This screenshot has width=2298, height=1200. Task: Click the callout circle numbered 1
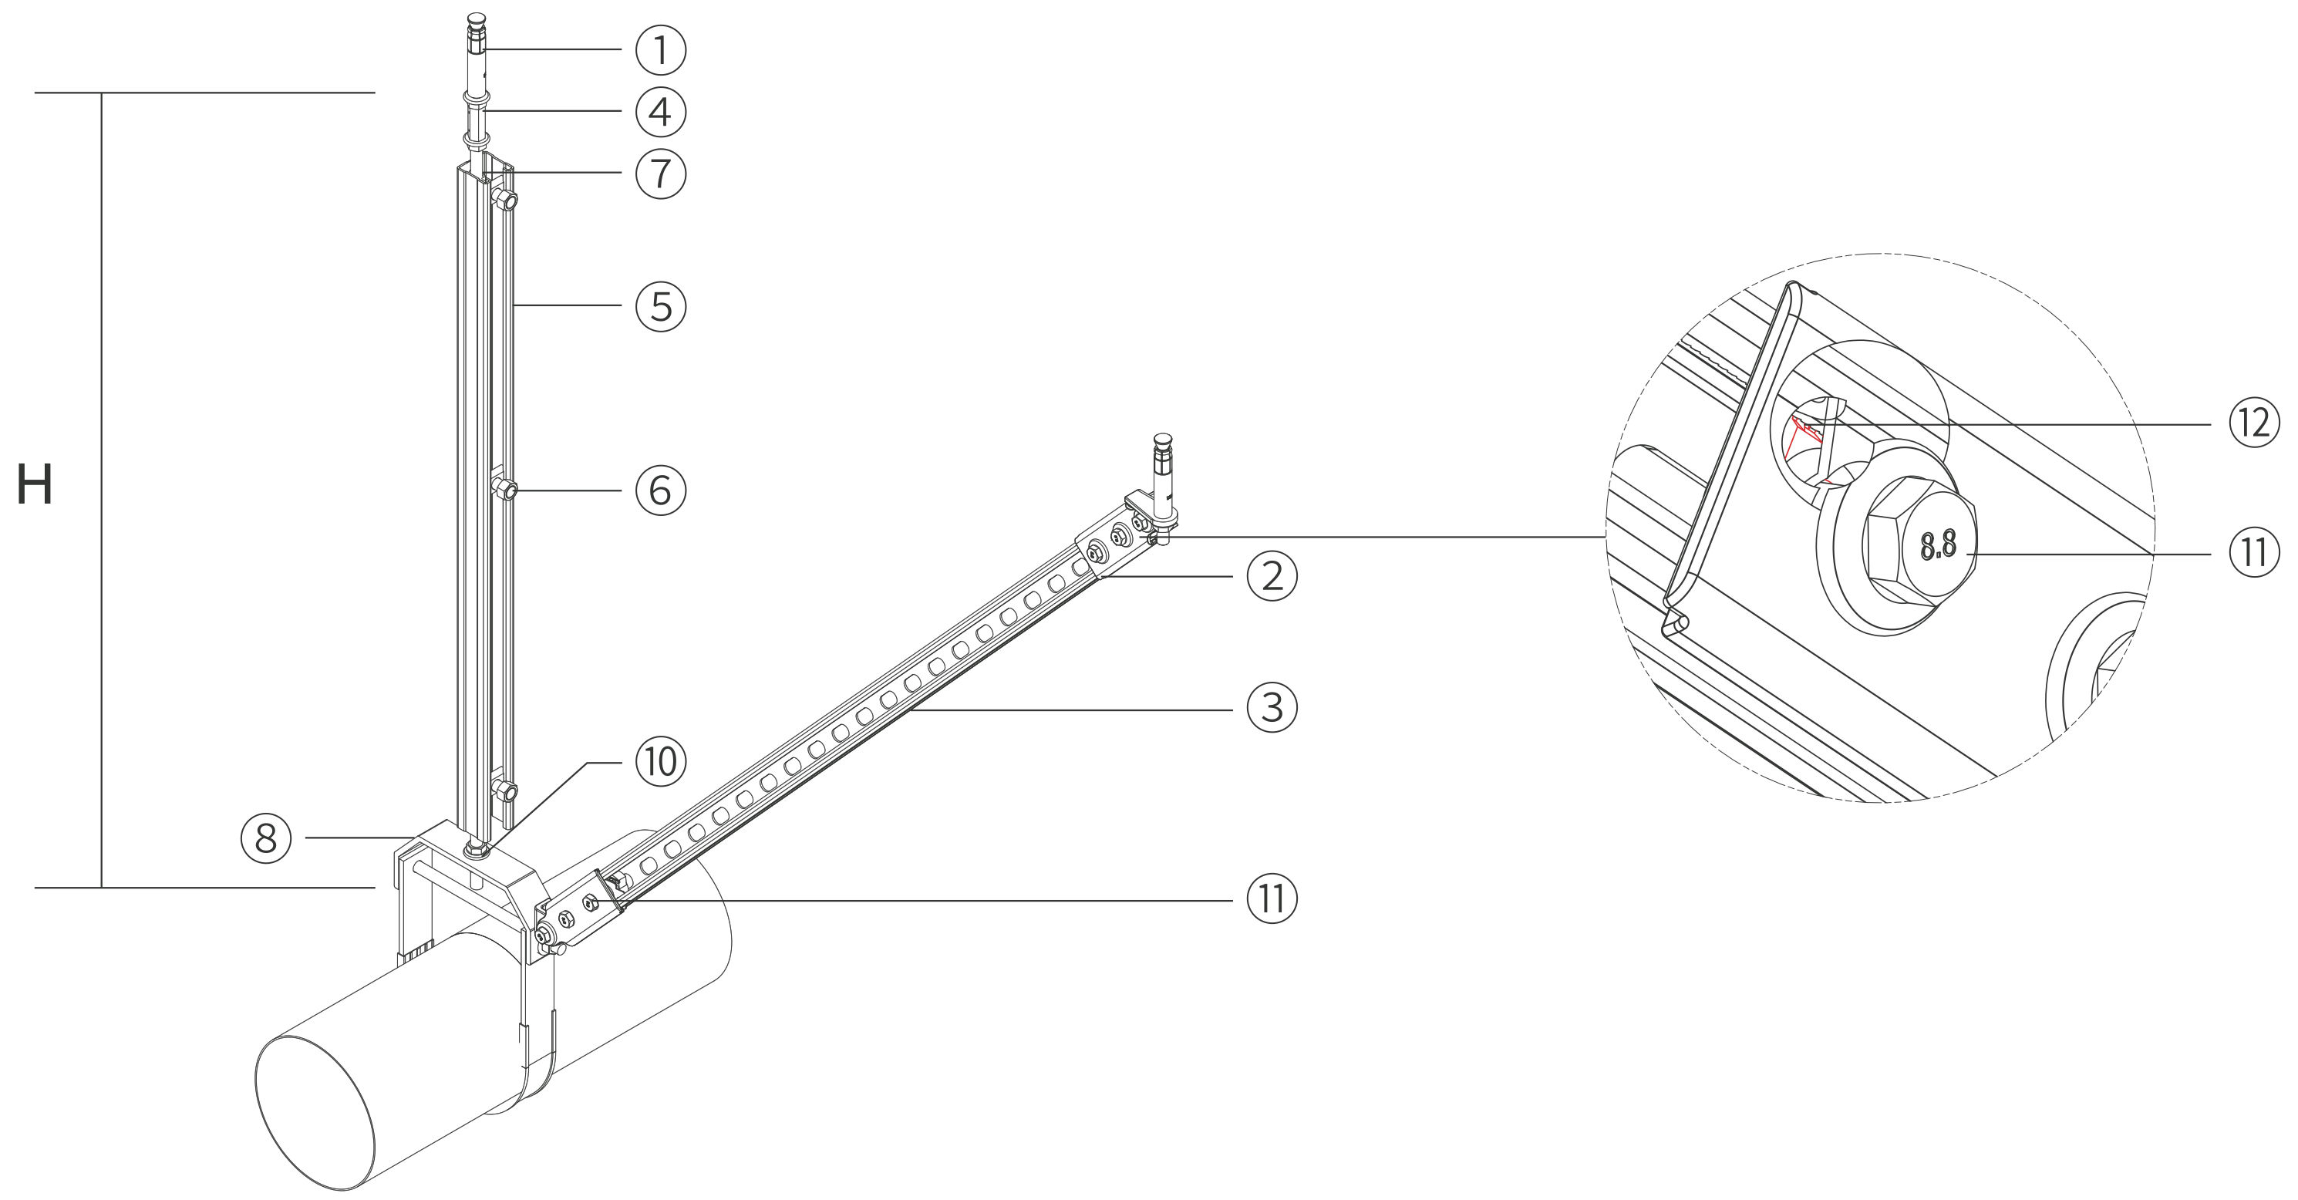click(x=660, y=50)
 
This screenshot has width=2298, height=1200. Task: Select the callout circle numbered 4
click(x=660, y=112)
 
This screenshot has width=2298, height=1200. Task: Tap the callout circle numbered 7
click(x=660, y=173)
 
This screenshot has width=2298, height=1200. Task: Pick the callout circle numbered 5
click(x=660, y=306)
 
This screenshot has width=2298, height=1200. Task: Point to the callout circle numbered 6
click(x=660, y=490)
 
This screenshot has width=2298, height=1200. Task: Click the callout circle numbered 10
click(x=660, y=763)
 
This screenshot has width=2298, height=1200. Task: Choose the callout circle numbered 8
click(x=266, y=838)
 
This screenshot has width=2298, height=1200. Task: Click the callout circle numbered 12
click(x=2253, y=423)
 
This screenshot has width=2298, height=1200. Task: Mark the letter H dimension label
click(x=35, y=486)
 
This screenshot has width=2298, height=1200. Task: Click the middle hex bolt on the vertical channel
click(x=505, y=490)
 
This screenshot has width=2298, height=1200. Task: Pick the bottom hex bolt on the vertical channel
click(x=505, y=790)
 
